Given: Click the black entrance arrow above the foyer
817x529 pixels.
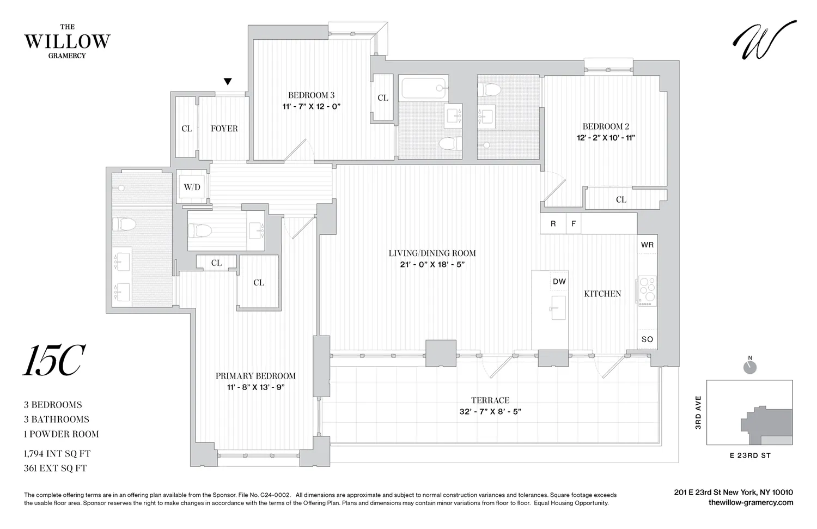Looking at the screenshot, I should (228, 82).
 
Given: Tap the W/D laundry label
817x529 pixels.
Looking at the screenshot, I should (192, 187).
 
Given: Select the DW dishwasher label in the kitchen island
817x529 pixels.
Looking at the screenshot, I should (559, 282).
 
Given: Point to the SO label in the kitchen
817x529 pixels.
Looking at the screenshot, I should (647, 339).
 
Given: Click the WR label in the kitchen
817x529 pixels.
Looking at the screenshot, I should (647, 245).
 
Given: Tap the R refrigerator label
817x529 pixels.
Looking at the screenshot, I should (553, 223).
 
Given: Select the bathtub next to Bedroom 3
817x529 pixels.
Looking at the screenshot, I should (424, 87).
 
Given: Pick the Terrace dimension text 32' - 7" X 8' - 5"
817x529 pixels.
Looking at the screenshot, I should (490, 412).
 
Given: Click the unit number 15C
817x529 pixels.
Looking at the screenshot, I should (53, 361).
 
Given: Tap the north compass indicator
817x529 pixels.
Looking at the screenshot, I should (750, 367).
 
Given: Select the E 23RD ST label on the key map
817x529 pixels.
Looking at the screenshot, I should (750, 455).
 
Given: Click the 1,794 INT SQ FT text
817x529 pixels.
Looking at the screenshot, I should (57, 453).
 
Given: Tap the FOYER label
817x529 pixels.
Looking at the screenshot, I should (224, 129).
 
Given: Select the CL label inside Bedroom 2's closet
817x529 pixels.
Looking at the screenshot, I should (621, 199).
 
